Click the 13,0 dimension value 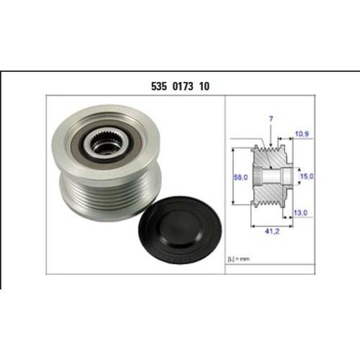pyautogui.click(x=301, y=212)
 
